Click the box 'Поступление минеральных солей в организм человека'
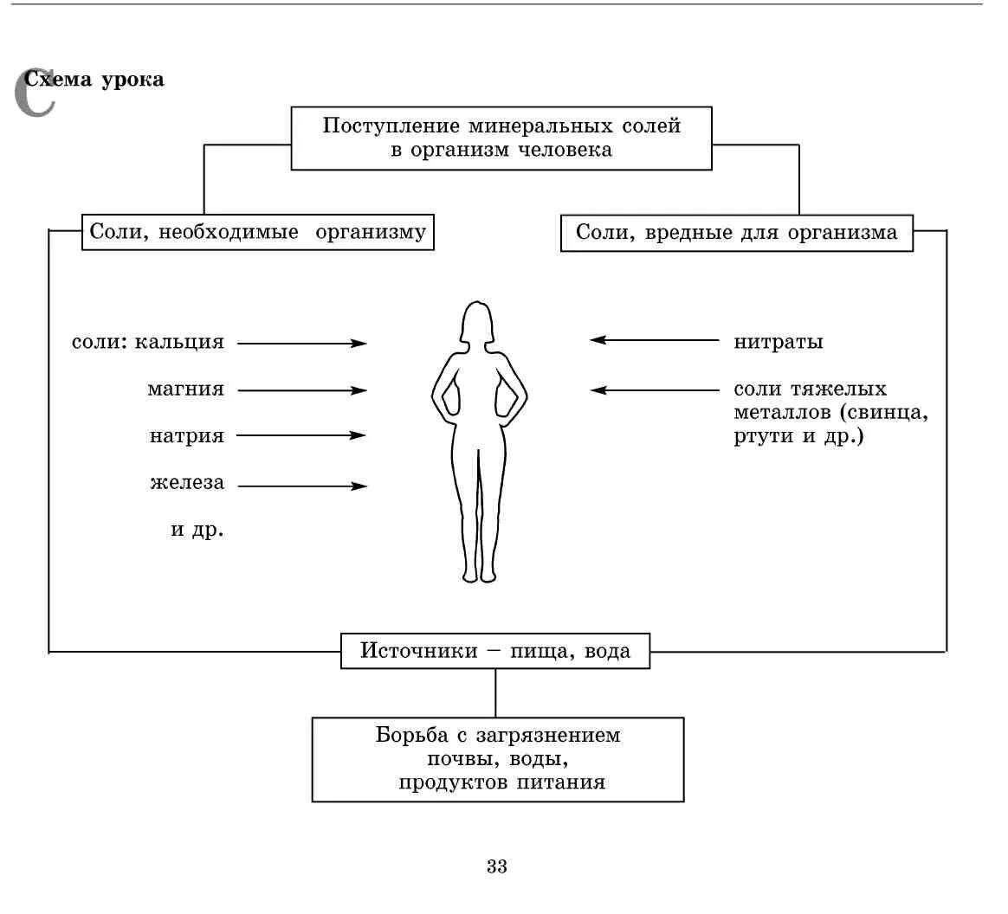click(x=501, y=138)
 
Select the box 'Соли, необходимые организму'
click(x=258, y=233)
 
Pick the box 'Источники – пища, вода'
click(x=495, y=651)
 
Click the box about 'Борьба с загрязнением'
click(x=498, y=759)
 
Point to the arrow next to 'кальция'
click(x=301, y=344)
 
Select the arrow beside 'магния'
click(x=301, y=390)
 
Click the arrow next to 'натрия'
click(x=301, y=435)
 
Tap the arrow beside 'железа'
click(x=301, y=486)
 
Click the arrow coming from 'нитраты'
click(x=655, y=340)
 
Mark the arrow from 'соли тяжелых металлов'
click(x=655, y=390)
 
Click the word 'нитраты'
click(x=779, y=342)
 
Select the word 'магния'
click(x=185, y=389)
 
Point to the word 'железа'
click(x=187, y=483)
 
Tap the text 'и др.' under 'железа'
click(x=197, y=529)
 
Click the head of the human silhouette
click(x=476, y=322)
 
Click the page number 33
click(x=497, y=866)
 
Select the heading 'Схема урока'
click(x=94, y=80)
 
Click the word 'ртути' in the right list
click(x=763, y=436)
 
